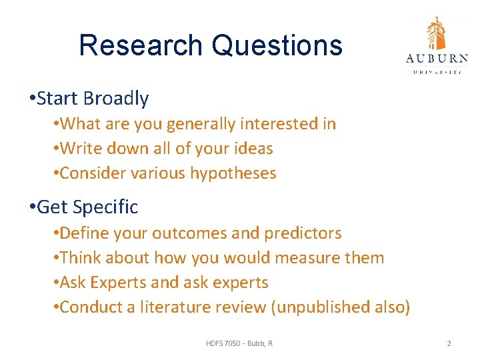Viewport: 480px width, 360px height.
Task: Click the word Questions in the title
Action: coord(277,45)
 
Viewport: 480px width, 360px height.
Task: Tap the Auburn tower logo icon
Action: coord(437,33)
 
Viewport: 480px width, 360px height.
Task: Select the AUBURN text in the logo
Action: coord(437,58)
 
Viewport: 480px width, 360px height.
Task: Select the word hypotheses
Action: coord(233,173)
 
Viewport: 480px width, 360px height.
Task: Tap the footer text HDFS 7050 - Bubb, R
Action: coord(239,343)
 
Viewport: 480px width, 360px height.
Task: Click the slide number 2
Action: coord(449,343)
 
